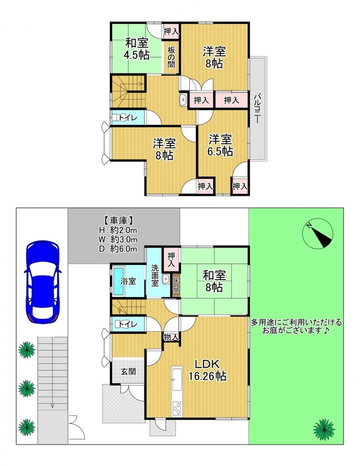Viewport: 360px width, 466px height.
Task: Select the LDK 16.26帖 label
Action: click(207, 370)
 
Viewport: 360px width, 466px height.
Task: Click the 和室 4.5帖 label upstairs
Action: click(136, 49)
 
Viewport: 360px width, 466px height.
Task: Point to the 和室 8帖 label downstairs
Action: click(214, 281)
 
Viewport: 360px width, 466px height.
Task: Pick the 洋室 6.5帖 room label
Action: click(220, 145)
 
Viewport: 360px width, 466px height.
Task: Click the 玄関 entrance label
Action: click(128, 372)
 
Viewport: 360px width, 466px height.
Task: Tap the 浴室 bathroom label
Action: click(128, 281)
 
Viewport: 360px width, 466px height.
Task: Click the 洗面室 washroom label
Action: click(155, 275)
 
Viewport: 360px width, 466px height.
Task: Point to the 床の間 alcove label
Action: click(176, 285)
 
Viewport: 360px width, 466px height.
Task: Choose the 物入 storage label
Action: click(171, 338)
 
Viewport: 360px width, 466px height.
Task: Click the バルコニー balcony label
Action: click(257, 108)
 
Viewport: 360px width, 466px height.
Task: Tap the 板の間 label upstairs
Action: click(171, 57)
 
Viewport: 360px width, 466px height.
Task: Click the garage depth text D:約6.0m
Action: click(118, 249)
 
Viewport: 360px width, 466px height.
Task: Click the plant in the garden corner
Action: click(324, 429)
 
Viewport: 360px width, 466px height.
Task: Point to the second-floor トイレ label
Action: click(128, 118)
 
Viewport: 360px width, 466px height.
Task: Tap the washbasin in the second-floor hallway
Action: click(183, 100)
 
